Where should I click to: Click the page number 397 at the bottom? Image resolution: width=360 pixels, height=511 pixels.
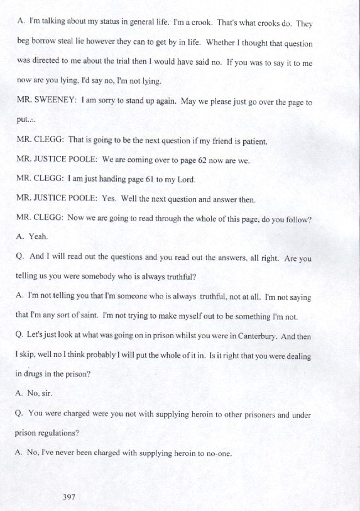click(69, 497)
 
